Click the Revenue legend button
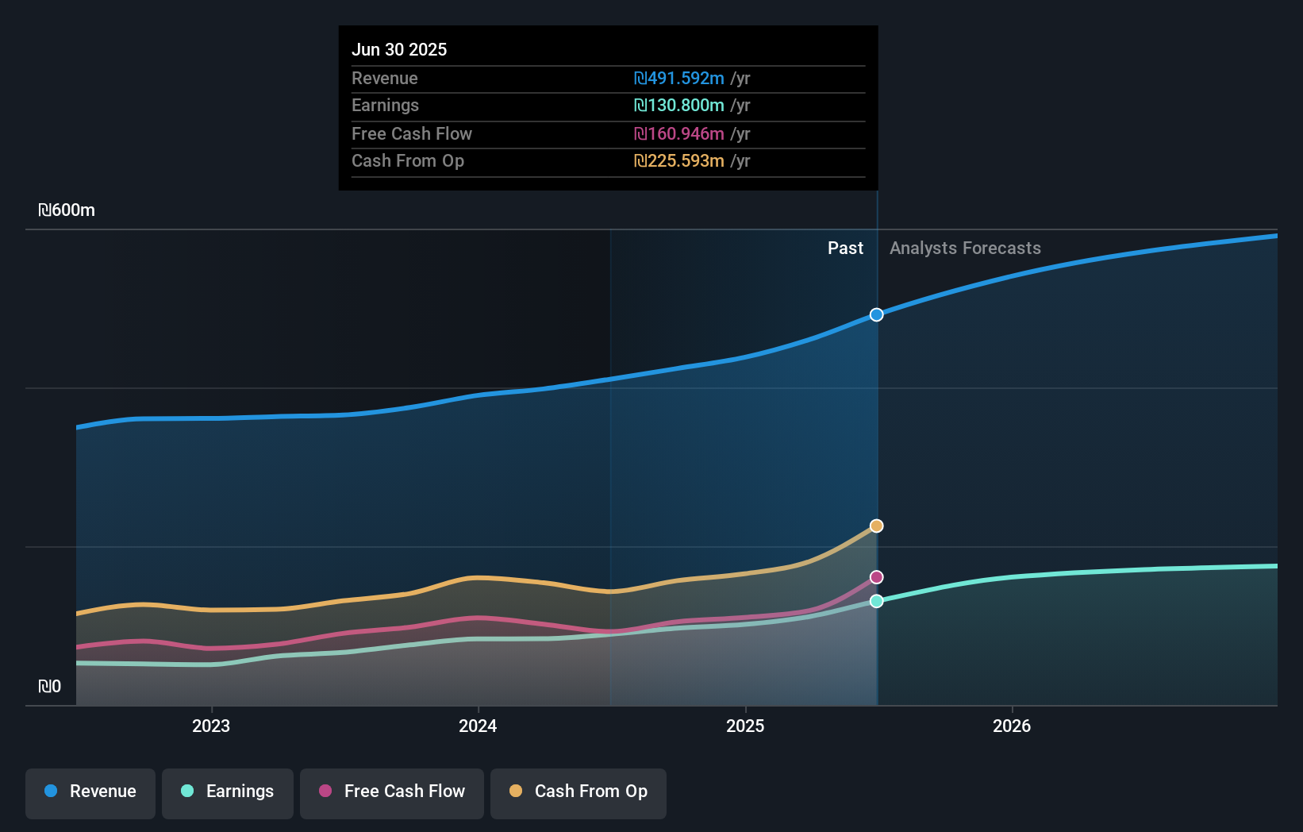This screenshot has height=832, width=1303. click(90, 792)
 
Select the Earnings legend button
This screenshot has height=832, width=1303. click(228, 792)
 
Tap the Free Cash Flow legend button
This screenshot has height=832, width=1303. click(392, 792)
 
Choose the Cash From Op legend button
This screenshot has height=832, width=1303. click(578, 792)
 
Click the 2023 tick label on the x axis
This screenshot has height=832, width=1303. click(211, 726)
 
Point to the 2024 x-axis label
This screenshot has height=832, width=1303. click(478, 726)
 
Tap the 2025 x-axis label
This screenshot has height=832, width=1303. click(745, 726)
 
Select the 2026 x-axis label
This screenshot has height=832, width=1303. click(1012, 726)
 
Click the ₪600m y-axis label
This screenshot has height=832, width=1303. click(67, 210)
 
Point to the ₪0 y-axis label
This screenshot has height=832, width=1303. click(49, 687)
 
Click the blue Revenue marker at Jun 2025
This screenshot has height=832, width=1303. click(876, 315)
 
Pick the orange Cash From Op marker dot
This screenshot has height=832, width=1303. click(876, 526)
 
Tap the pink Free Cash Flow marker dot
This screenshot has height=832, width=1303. click(876, 577)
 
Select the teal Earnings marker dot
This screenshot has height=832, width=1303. click(876, 601)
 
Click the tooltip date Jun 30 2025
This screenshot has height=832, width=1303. click(399, 49)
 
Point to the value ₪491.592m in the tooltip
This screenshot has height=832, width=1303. click(679, 79)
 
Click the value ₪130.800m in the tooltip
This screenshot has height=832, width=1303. click(679, 106)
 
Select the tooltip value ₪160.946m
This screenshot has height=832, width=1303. click(679, 134)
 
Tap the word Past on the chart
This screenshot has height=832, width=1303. click(845, 248)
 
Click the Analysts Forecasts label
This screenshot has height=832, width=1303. click(965, 248)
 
